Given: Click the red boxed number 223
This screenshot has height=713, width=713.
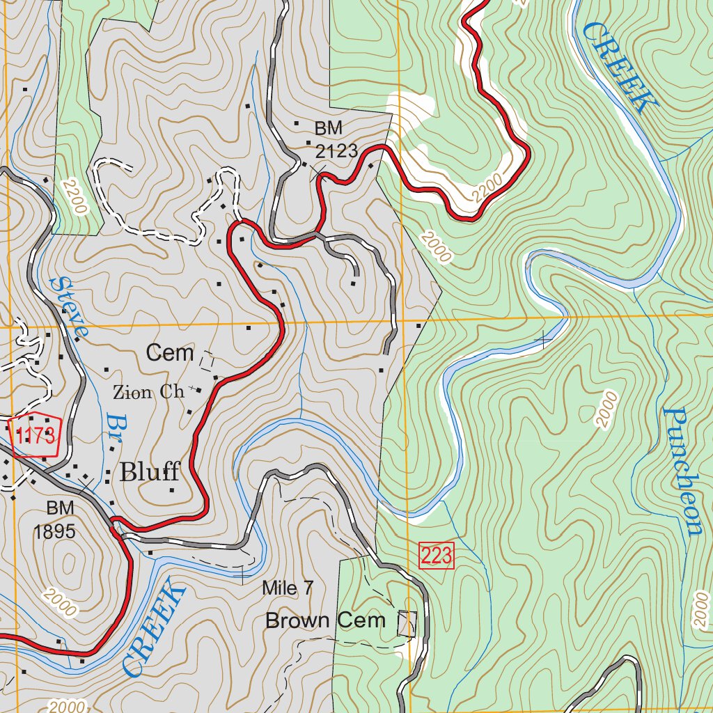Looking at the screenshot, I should [x=437, y=556].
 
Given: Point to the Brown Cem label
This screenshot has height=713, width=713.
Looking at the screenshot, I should [x=325, y=620].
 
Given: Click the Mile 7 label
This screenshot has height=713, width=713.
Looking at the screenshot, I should [x=288, y=588].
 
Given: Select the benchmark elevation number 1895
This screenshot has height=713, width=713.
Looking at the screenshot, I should [x=54, y=532].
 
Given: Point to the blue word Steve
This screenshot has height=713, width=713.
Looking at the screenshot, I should [x=69, y=308].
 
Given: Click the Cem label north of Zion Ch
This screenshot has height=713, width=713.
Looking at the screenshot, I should [x=170, y=353].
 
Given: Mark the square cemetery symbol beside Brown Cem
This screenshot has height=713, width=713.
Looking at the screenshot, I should [x=407, y=623].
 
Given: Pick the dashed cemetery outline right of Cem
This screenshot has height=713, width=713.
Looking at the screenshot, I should [x=207, y=361].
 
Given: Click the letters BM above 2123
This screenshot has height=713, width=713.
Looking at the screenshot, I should [x=329, y=129].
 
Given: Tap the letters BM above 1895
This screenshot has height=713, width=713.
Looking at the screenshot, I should [x=61, y=507].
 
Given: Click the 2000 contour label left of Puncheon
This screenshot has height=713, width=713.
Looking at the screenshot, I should [x=606, y=409].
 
